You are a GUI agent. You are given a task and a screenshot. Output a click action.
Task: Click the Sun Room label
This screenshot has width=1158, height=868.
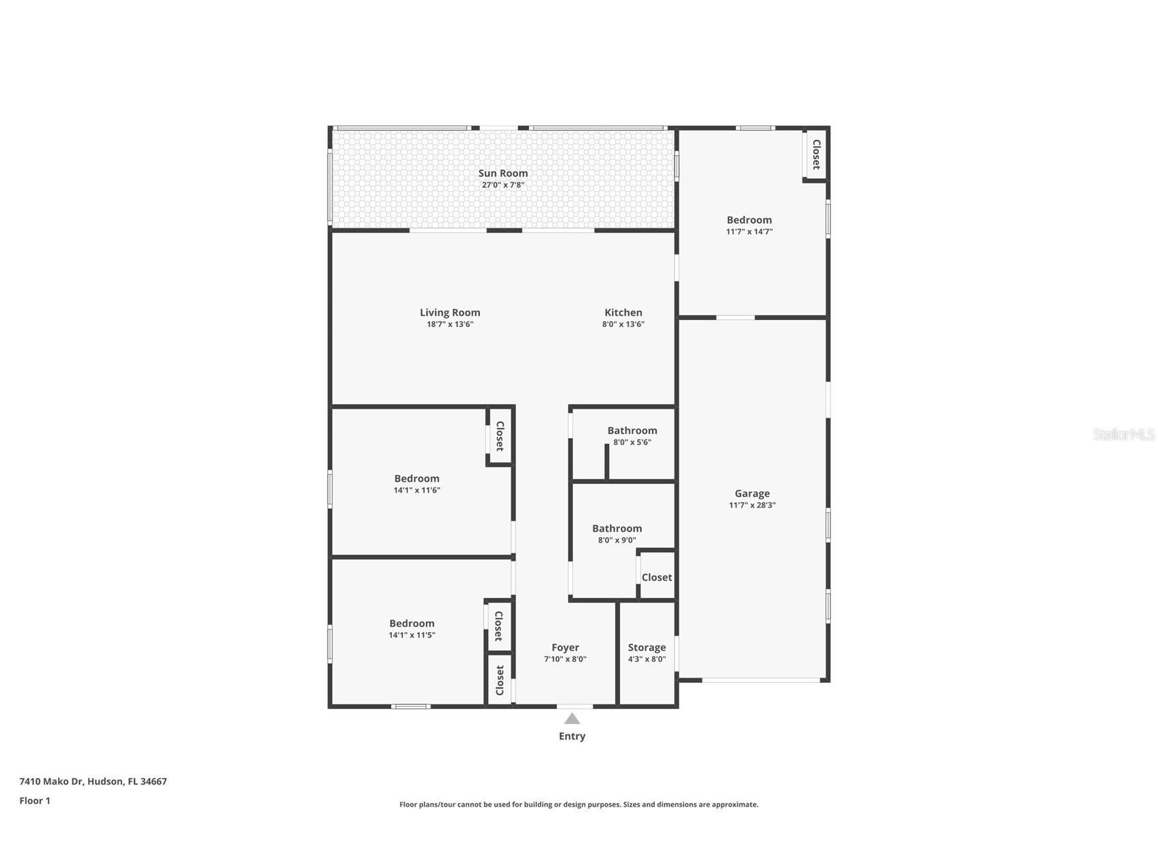coord(503,173)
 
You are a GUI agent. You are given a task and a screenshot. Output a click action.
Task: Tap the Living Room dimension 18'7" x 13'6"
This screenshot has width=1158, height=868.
coord(450,324)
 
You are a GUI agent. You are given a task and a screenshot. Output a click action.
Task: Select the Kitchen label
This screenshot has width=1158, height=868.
coord(623,313)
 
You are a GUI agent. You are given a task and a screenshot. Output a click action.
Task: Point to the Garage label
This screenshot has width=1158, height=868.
coord(752,493)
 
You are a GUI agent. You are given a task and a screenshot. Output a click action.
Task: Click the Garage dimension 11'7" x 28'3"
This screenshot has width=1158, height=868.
coord(752,505)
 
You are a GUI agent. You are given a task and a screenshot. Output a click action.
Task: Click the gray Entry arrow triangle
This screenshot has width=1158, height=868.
coord(572,719)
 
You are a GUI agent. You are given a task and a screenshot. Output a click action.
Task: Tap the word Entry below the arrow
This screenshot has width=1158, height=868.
coord(572,736)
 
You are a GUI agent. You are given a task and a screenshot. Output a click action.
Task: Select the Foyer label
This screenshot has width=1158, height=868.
coord(565,648)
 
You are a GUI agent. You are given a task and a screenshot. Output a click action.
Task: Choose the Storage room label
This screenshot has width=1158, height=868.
coord(647,648)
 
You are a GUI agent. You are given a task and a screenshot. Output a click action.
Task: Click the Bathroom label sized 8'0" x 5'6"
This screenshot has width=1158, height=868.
coord(632,431)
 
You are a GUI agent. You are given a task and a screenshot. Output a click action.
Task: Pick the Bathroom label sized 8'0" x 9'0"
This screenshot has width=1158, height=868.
coord(617,528)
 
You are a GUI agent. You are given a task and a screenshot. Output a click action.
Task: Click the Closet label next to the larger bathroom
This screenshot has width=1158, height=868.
coord(656,577)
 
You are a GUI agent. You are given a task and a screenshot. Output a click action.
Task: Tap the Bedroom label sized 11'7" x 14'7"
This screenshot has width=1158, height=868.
coord(749,220)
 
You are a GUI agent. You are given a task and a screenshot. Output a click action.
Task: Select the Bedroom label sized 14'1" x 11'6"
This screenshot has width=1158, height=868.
coord(416,478)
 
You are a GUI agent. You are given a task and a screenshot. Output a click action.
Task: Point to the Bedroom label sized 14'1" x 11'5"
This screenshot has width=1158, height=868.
coord(412,623)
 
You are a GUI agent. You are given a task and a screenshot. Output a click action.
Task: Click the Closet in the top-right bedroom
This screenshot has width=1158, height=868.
coord(815,154)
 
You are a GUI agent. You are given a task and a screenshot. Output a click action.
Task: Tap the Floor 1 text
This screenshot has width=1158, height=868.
coord(35,800)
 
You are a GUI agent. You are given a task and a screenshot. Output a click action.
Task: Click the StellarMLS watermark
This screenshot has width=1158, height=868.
coord(1123,434)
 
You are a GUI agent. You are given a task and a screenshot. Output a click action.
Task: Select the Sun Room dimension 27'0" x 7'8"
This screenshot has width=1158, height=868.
coord(503,185)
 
